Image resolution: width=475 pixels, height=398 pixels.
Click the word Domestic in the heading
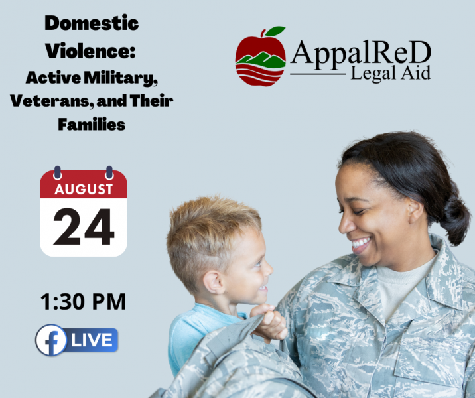pyautogui.click(x=92, y=23)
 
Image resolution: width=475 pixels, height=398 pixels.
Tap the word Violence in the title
pyautogui.click(x=88, y=51)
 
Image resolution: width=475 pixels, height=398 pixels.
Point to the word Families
pyautogui.click(x=92, y=125)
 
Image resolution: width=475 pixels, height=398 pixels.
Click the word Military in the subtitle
pyautogui.click(x=120, y=78)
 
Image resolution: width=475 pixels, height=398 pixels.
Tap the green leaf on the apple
pyautogui.click(x=275, y=31)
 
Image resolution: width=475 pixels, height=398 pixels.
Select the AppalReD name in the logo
pyautogui.click(x=360, y=52)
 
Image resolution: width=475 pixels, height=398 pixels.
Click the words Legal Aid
pyautogui.click(x=390, y=73)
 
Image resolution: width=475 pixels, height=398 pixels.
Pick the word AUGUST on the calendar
pyautogui.click(x=84, y=190)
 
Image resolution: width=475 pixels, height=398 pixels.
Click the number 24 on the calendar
pyautogui.click(x=84, y=227)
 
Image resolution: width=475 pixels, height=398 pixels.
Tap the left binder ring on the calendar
pyautogui.click(x=57, y=172)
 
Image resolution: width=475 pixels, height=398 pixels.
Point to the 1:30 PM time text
pyautogui.click(x=83, y=302)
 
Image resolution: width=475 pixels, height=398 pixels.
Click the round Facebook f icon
pyautogui.click(x=51, y=340)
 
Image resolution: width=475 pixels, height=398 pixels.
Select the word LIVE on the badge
pyautogui.click(x=92, y=340)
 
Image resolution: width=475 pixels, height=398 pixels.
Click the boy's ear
pyautogui.click(x=214, y=283)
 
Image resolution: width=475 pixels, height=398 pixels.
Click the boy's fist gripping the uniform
pyautogui.click(x=269, y=322)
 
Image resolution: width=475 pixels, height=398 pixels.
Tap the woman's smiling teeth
pyautogui.click(x=361, y=243)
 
